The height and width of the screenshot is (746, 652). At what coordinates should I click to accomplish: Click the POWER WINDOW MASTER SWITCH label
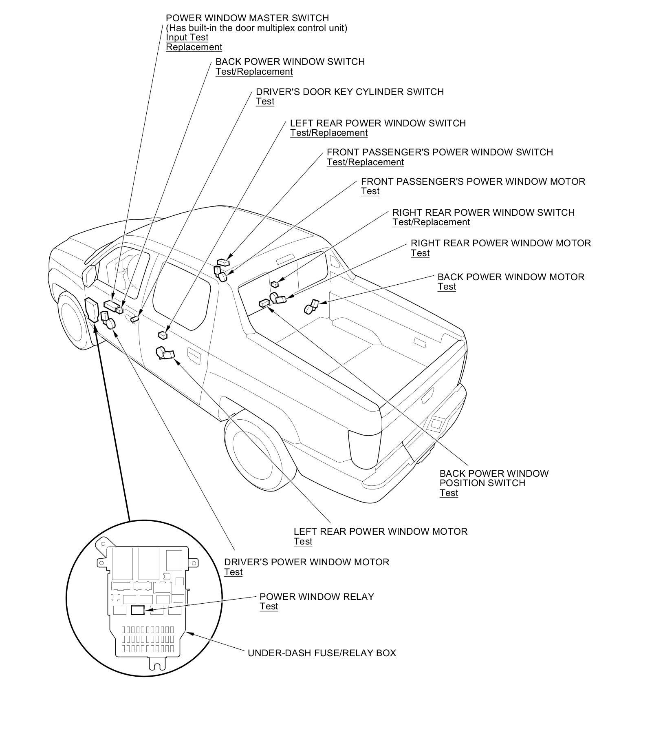tap(247, 18)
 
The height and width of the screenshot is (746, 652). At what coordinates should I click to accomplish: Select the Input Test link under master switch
tap(187, 38)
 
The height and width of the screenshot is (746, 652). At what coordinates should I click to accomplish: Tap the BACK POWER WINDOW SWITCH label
tap(290, 62)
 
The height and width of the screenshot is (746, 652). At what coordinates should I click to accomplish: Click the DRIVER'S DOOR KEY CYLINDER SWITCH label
tap(350, 92)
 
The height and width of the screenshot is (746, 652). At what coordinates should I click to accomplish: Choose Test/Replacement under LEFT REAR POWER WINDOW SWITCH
tap(329, 133)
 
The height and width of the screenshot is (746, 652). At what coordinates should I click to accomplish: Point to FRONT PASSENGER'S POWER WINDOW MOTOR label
tap(473, 182)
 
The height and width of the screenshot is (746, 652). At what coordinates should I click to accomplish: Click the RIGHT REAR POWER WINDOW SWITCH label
tap(483, 213)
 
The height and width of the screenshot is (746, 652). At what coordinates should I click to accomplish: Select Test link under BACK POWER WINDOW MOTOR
tap(447, 287)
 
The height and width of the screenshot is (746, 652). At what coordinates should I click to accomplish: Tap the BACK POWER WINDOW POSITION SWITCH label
tap(494, 478)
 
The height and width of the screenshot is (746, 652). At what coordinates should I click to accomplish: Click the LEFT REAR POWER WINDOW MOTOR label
tap(380, 531)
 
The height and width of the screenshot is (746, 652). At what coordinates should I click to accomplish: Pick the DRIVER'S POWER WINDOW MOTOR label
tap(306, 562)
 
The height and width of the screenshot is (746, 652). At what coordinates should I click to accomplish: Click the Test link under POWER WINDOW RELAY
tap(269, 607)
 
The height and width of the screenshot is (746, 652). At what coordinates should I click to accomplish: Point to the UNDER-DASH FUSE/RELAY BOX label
tap(322, 653)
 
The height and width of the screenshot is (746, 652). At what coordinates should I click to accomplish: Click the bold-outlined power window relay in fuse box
tap(137, 610)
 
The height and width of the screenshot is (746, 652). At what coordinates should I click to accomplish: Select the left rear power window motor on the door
tap(165, 353)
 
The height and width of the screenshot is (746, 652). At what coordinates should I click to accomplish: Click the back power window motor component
tap(311, 307)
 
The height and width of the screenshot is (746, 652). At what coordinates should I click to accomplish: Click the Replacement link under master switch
tap(194, 47)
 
